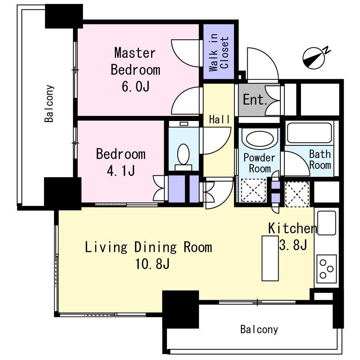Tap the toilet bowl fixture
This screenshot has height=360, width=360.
coord(184,154)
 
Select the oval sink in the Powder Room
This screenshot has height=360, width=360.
coord(260,139)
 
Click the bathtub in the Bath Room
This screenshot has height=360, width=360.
coord(309,133)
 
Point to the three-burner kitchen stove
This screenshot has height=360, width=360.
coord(327,269)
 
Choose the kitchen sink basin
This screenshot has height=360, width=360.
coord(326,223)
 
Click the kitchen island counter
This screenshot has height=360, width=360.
coord(270,258)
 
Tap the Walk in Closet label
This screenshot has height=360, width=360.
coord(219,53)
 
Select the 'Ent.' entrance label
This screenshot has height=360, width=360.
coord(255,100)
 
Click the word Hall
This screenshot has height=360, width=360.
coord(219,120)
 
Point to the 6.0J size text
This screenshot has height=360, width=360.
coord(136,86)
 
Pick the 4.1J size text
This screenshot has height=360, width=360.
coord(121,171)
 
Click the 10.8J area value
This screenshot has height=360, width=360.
coord(152,264)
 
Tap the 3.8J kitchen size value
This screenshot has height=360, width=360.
coord(293,245)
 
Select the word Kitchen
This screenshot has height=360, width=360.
coord(292,228)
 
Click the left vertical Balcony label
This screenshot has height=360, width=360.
coord(49,104)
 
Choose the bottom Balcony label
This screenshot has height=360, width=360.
coord(259,329)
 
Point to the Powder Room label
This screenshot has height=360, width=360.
coord(260,163)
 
